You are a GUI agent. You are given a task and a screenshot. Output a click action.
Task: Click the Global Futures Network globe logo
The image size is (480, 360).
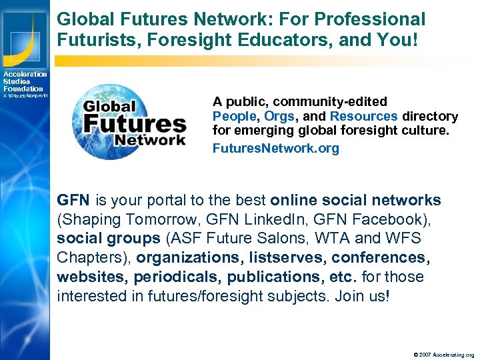click(x=129, y=122)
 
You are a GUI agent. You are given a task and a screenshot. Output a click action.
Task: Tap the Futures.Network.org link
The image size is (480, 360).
click(x=275, y=148)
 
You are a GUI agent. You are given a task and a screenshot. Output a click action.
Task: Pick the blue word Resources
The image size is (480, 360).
click(x=363, y=116)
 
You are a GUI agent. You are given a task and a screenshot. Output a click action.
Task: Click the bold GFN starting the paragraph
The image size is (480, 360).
click(x=73, y=200)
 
